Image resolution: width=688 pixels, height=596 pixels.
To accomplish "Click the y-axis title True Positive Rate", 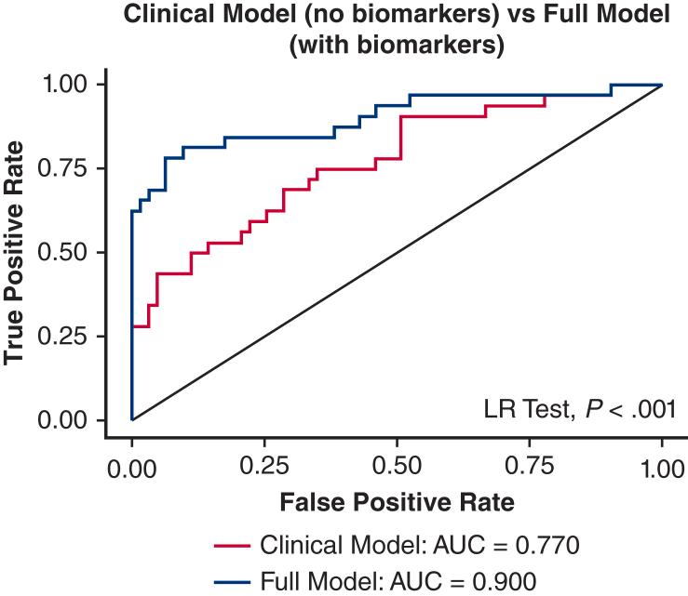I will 16,252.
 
